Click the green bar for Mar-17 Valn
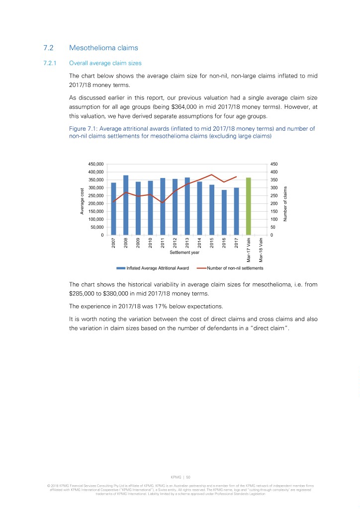point(249,206)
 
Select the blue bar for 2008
point(126,205)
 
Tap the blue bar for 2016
point(224,213)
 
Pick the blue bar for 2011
point(163,207)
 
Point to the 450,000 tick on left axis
point(96,164)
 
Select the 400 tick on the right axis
point(273,172)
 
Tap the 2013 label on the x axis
point(187,243)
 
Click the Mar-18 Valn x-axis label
point(261,250)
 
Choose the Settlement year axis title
point(184,253)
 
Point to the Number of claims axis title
point(286,204)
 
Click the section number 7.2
point(48,48)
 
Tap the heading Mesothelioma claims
point(103,48)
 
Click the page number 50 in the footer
point(188,476)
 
